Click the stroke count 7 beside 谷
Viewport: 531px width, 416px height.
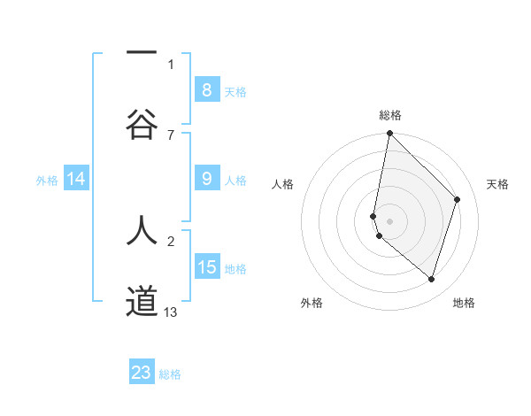(171, 135)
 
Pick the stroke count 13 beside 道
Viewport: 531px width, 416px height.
(171, 312)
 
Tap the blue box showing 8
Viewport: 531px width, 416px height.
(206, 89)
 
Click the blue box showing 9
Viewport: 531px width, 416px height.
(206, 179)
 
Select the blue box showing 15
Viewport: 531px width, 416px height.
(206, 267)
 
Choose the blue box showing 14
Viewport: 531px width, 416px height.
(76, 179)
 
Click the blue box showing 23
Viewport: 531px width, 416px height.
(142, 373)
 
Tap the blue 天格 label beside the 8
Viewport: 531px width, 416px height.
(235, 91)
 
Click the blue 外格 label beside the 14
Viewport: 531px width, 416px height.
(47, 181)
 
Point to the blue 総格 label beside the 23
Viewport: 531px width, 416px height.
(170, 374)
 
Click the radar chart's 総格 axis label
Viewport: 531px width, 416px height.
(390, 115)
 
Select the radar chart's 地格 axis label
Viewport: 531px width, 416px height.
(464, 303)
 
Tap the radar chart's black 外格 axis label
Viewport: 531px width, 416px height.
(312, 303)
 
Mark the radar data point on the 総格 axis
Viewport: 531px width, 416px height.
(389, 133)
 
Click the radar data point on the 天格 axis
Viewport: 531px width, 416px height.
(458, 199)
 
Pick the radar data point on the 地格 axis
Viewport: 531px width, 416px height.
(431, 279)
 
